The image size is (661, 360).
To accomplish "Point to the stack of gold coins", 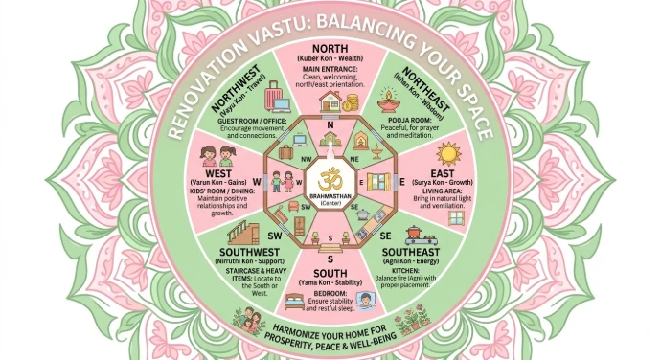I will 351,102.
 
